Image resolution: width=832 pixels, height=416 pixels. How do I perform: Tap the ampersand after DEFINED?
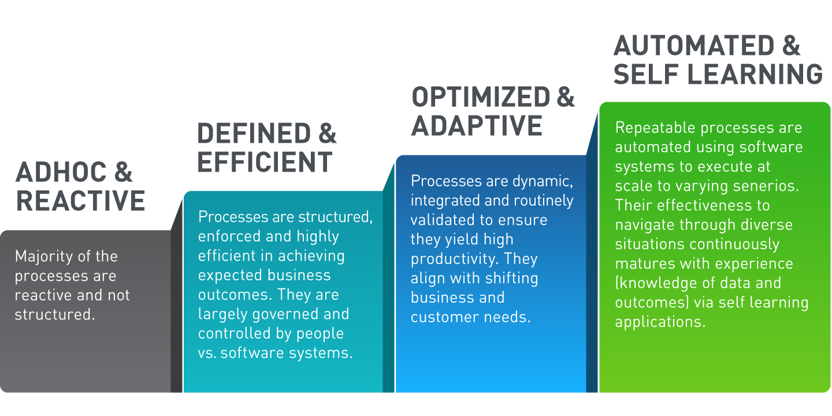(327, 133)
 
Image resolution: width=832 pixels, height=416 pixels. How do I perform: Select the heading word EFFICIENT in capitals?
(265, 162)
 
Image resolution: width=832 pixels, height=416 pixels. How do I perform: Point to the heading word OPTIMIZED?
(481, 97)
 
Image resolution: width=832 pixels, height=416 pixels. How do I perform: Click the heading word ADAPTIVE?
(477, 125)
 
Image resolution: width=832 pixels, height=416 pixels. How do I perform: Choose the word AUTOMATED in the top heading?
(694, 46)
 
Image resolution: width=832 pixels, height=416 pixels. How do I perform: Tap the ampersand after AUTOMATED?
(791, 46)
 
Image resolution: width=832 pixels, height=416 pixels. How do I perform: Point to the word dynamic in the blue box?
(543, 181)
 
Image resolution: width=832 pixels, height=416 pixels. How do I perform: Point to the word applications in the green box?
(660, 322)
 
